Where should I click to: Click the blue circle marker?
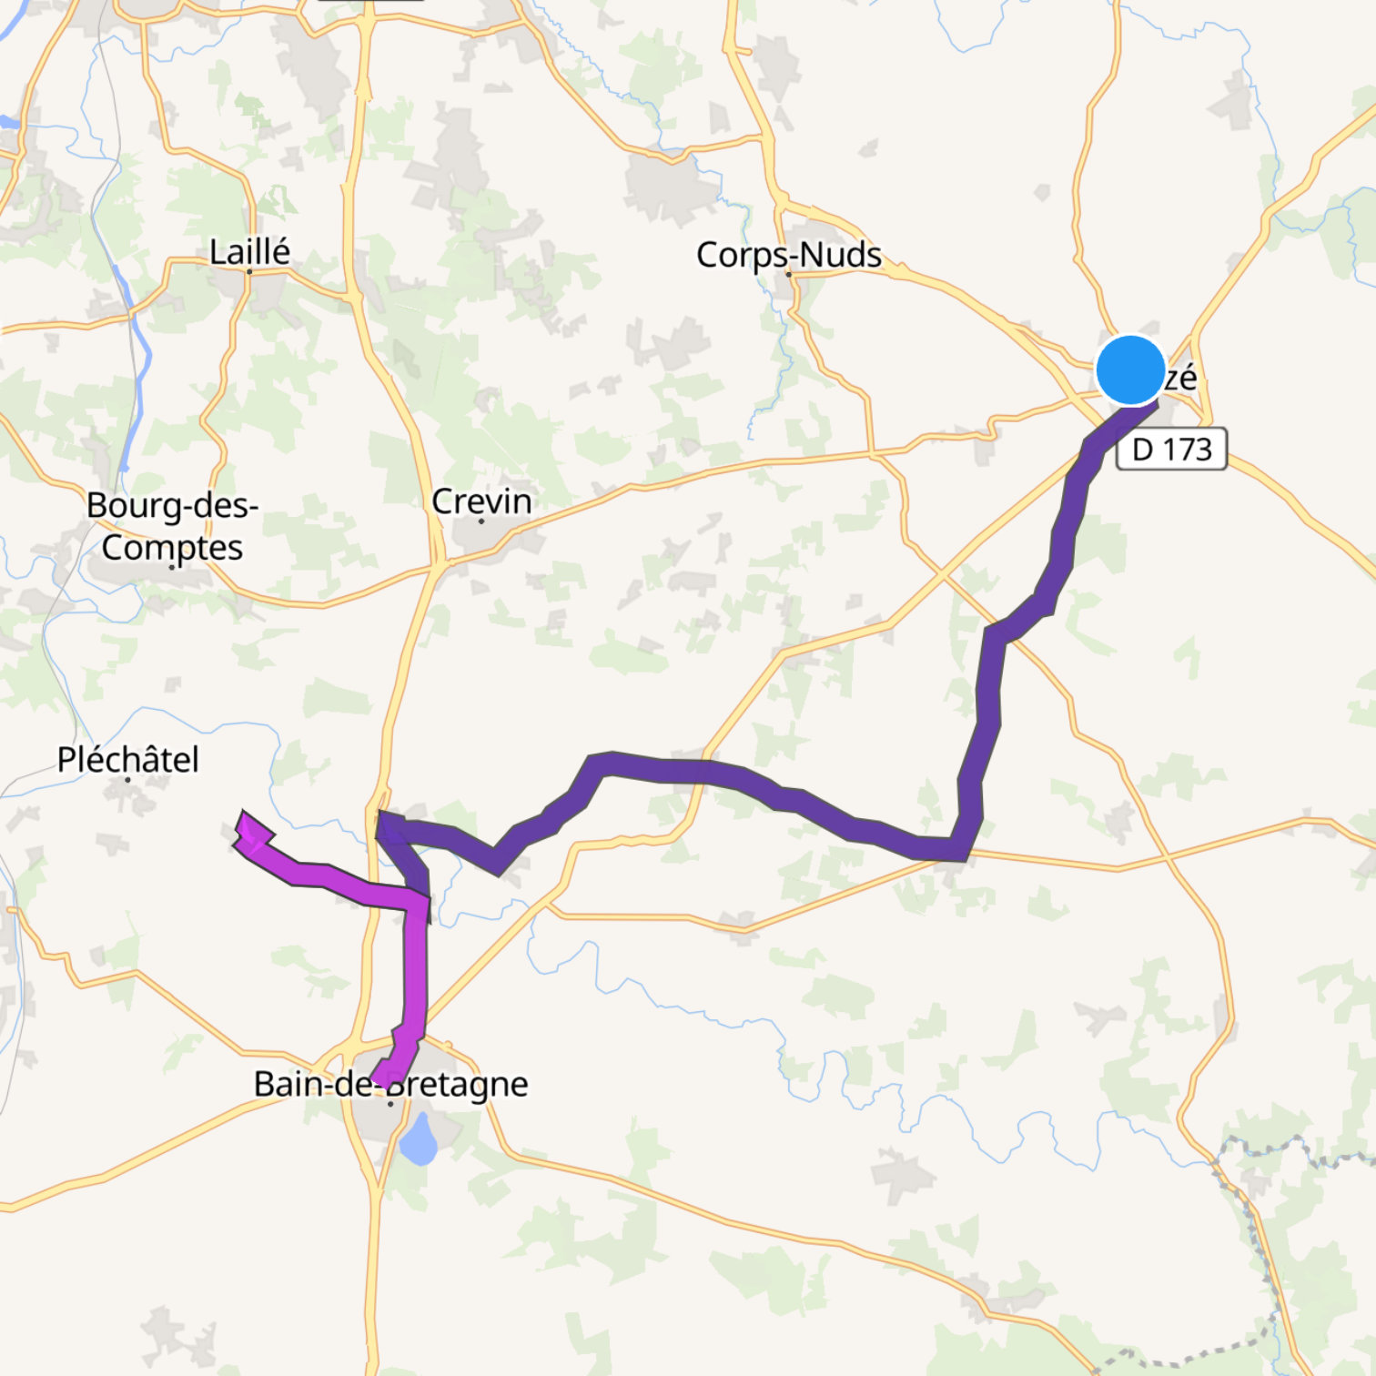[1130, 369]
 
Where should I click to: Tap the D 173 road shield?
[1171, 450]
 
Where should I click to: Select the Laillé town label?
[249, 251]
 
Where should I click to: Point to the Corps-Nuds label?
[788, 255]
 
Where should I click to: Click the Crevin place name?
[481, 501]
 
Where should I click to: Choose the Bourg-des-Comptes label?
[172, 526]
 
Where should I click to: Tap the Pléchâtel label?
[127, 759]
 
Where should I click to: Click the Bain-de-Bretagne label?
[390, 1083]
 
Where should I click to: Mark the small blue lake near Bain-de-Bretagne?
[419, 1141]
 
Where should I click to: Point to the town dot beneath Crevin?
[481, 521]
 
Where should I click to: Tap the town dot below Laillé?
[249, 271]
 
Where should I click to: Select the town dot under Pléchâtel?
[127, 780]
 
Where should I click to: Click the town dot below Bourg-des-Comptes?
[172, 567]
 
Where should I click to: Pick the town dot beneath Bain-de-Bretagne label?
[390, 1104]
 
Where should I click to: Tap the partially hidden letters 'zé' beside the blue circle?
[1180, 377]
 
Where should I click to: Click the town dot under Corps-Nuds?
[788, 274]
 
